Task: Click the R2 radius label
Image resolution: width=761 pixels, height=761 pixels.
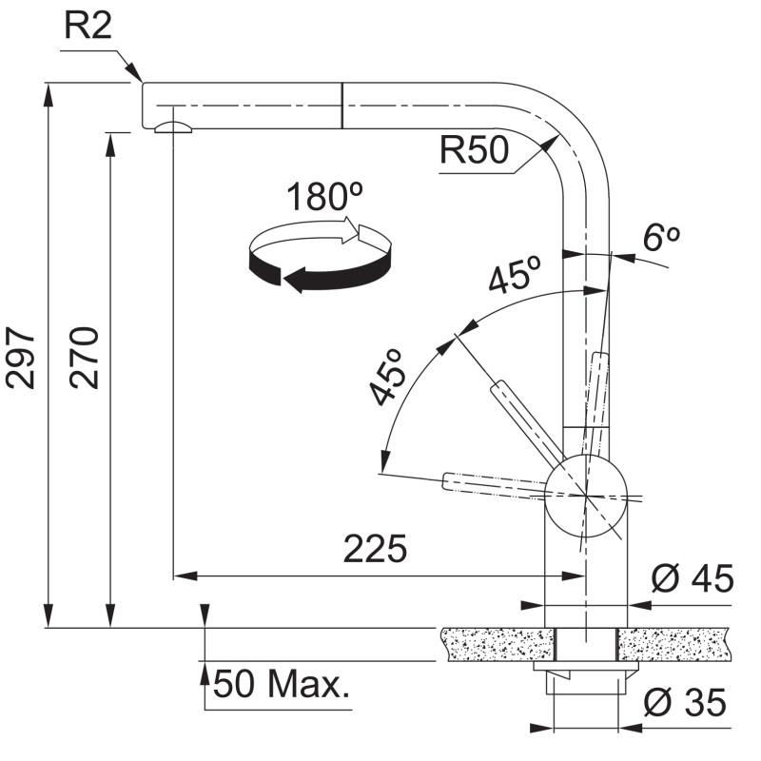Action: tap(88, 26)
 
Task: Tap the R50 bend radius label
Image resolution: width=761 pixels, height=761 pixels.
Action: tap(474, 149)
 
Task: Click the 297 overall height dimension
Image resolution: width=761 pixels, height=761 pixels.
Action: tap(21, 358)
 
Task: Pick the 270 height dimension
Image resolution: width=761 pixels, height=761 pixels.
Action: tap(84, 358)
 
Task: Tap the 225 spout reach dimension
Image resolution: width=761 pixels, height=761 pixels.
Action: tap(375, 549)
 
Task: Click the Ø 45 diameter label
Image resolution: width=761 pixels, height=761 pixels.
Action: tap(693, 578)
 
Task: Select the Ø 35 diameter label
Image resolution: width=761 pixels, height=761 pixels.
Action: tap(685, 702)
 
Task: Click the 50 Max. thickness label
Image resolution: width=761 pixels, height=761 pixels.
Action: tap(282, 683)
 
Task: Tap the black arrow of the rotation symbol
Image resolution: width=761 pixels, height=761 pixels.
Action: tap(321, 272)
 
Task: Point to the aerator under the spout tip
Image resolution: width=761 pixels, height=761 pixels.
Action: tap(173, 127)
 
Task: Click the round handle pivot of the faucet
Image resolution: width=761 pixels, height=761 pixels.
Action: tap(586, 496)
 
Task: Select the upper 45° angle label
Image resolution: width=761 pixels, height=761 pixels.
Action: tap(514, 274)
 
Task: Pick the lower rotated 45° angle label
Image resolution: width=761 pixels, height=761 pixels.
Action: tap(386, 376)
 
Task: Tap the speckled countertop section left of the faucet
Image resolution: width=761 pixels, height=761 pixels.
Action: tap(498, 644)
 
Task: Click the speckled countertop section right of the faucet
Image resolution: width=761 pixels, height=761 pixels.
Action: tap(673, 644)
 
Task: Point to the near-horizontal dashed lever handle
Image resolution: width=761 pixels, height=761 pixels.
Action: tap(494, 485)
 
